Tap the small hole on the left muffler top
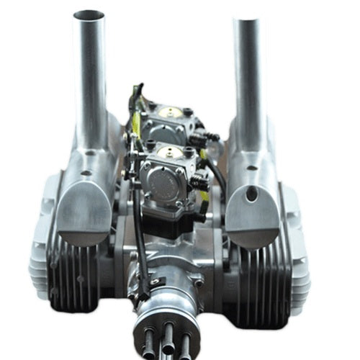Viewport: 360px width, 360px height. (86, 174)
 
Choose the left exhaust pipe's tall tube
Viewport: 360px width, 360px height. (92, 79)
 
